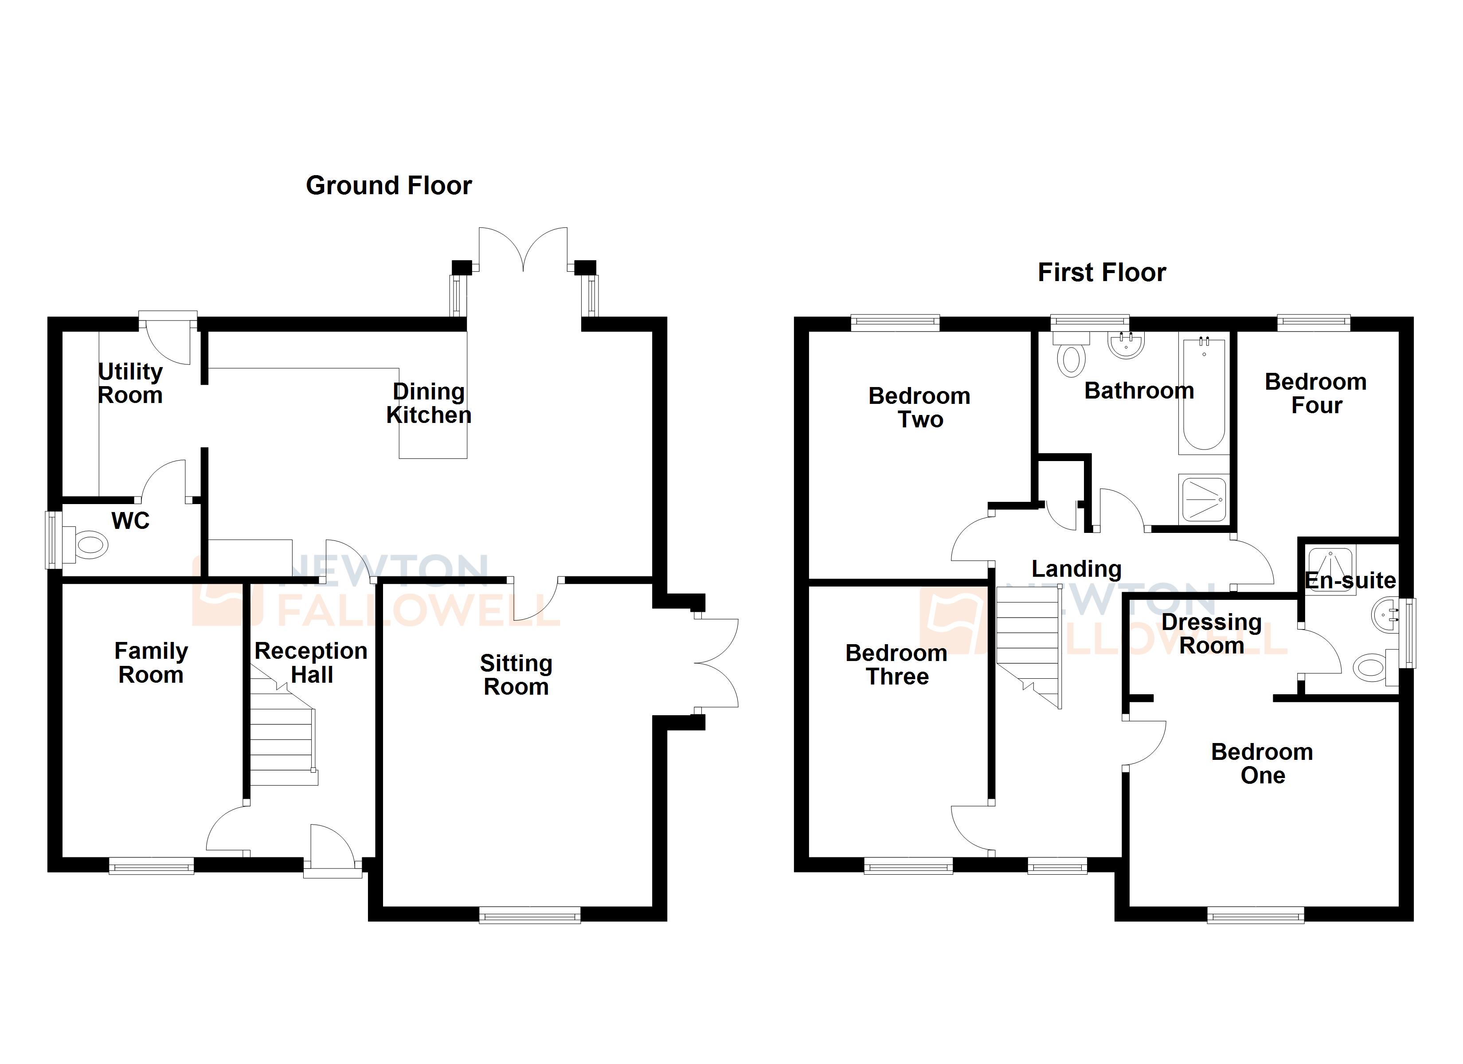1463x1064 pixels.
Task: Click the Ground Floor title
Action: (x=388, y=186)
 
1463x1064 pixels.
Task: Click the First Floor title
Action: (x=1101, y=273)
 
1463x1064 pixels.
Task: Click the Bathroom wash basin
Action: (x=1126, y=345)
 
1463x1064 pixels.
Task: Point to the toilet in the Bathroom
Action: (x=1071, y=358)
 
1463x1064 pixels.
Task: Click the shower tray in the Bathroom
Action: (x=1203, y=499)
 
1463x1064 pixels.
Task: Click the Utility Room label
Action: (x=130, y=383)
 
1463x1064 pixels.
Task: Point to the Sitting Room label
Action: (x=516, y=675)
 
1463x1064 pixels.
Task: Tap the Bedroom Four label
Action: (x=1316, y=394)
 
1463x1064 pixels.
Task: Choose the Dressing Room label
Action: (x=1212, y=634)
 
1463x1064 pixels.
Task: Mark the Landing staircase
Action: (x=1028, y=645)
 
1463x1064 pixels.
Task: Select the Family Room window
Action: (x=151, y=865)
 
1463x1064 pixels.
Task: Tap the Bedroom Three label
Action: (x=896, y=665)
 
